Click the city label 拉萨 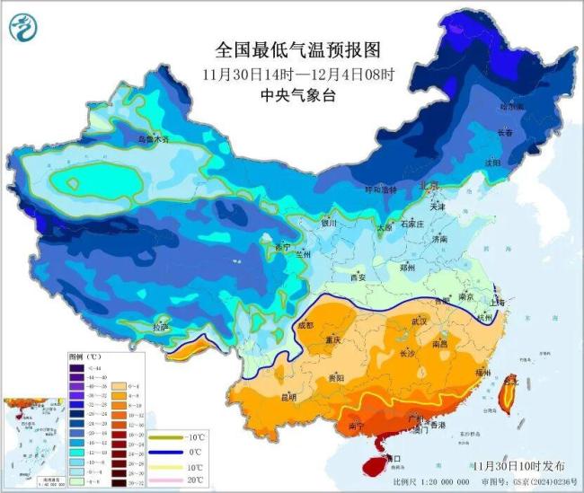pyautogui.click(x=161, y=327)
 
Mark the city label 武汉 pyautogui.click(x=418, y=321)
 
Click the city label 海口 pyautogui.click(x=392, y=457)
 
